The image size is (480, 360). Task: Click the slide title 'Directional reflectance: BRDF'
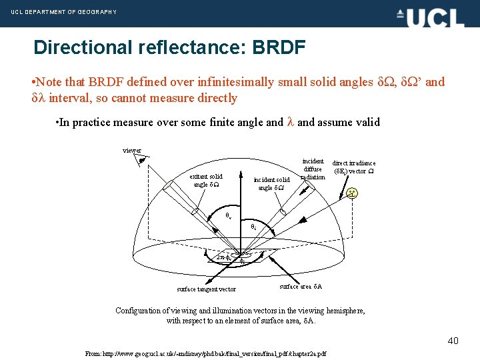tap(169, 47)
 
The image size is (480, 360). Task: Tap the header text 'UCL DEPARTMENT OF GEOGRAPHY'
tap(63, 12)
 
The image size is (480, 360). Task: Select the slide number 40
tap(453, 341)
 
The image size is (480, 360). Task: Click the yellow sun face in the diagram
tap(351, 194)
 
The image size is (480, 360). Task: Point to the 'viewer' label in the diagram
tap(131, 151)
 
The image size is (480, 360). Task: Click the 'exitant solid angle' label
tap(206, 180)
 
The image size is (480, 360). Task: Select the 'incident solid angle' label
tap(272, 183)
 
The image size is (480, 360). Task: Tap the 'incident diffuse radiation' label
tap(313, 169)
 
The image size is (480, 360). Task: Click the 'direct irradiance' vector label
tap(354, 167)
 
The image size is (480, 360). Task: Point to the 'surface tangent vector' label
tap(206, 289)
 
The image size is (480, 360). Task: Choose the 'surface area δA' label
tap(301, 287)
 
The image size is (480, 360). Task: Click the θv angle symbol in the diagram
tap(228, 217)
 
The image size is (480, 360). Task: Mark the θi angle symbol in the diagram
tap(254, 227)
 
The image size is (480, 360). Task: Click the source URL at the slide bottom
tap(206, 353)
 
